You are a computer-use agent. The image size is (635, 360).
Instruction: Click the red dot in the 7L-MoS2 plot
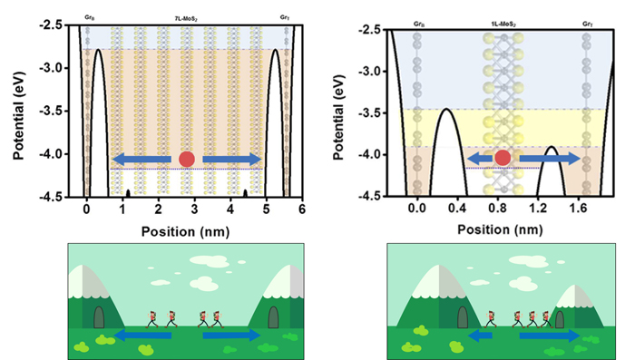(x=187, y=159)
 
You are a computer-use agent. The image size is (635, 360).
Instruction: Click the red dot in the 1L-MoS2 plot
(x=502, y=159)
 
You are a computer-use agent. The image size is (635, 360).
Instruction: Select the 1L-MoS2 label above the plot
(x=502, y=18)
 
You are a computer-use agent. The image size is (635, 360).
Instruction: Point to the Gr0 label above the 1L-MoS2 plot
(x=417, y=18)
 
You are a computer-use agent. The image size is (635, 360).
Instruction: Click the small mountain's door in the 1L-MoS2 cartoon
(x=560, y=319)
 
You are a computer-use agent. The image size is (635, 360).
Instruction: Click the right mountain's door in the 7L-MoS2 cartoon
(x=273, y=317)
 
